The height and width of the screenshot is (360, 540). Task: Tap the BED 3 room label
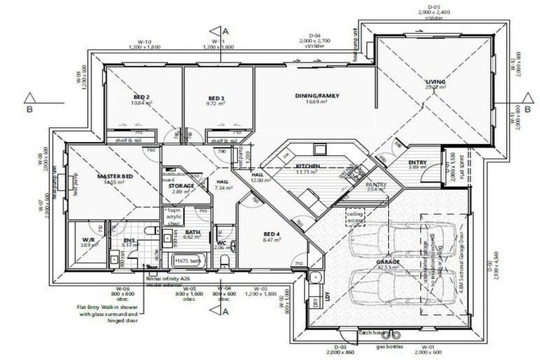pyautogui.click(x=216, y=98)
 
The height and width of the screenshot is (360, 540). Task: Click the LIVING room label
pyautogui.click(x=436, y=83)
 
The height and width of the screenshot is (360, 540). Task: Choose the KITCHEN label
pyautogui.click(x=308, y=166)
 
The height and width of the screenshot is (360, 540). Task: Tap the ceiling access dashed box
pyautogui.click(x=355, y=217)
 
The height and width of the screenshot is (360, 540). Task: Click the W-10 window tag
pyautogui.click(x=144, y=41)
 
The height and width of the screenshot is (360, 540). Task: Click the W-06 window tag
pyautogui.click(x=123, y=288)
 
